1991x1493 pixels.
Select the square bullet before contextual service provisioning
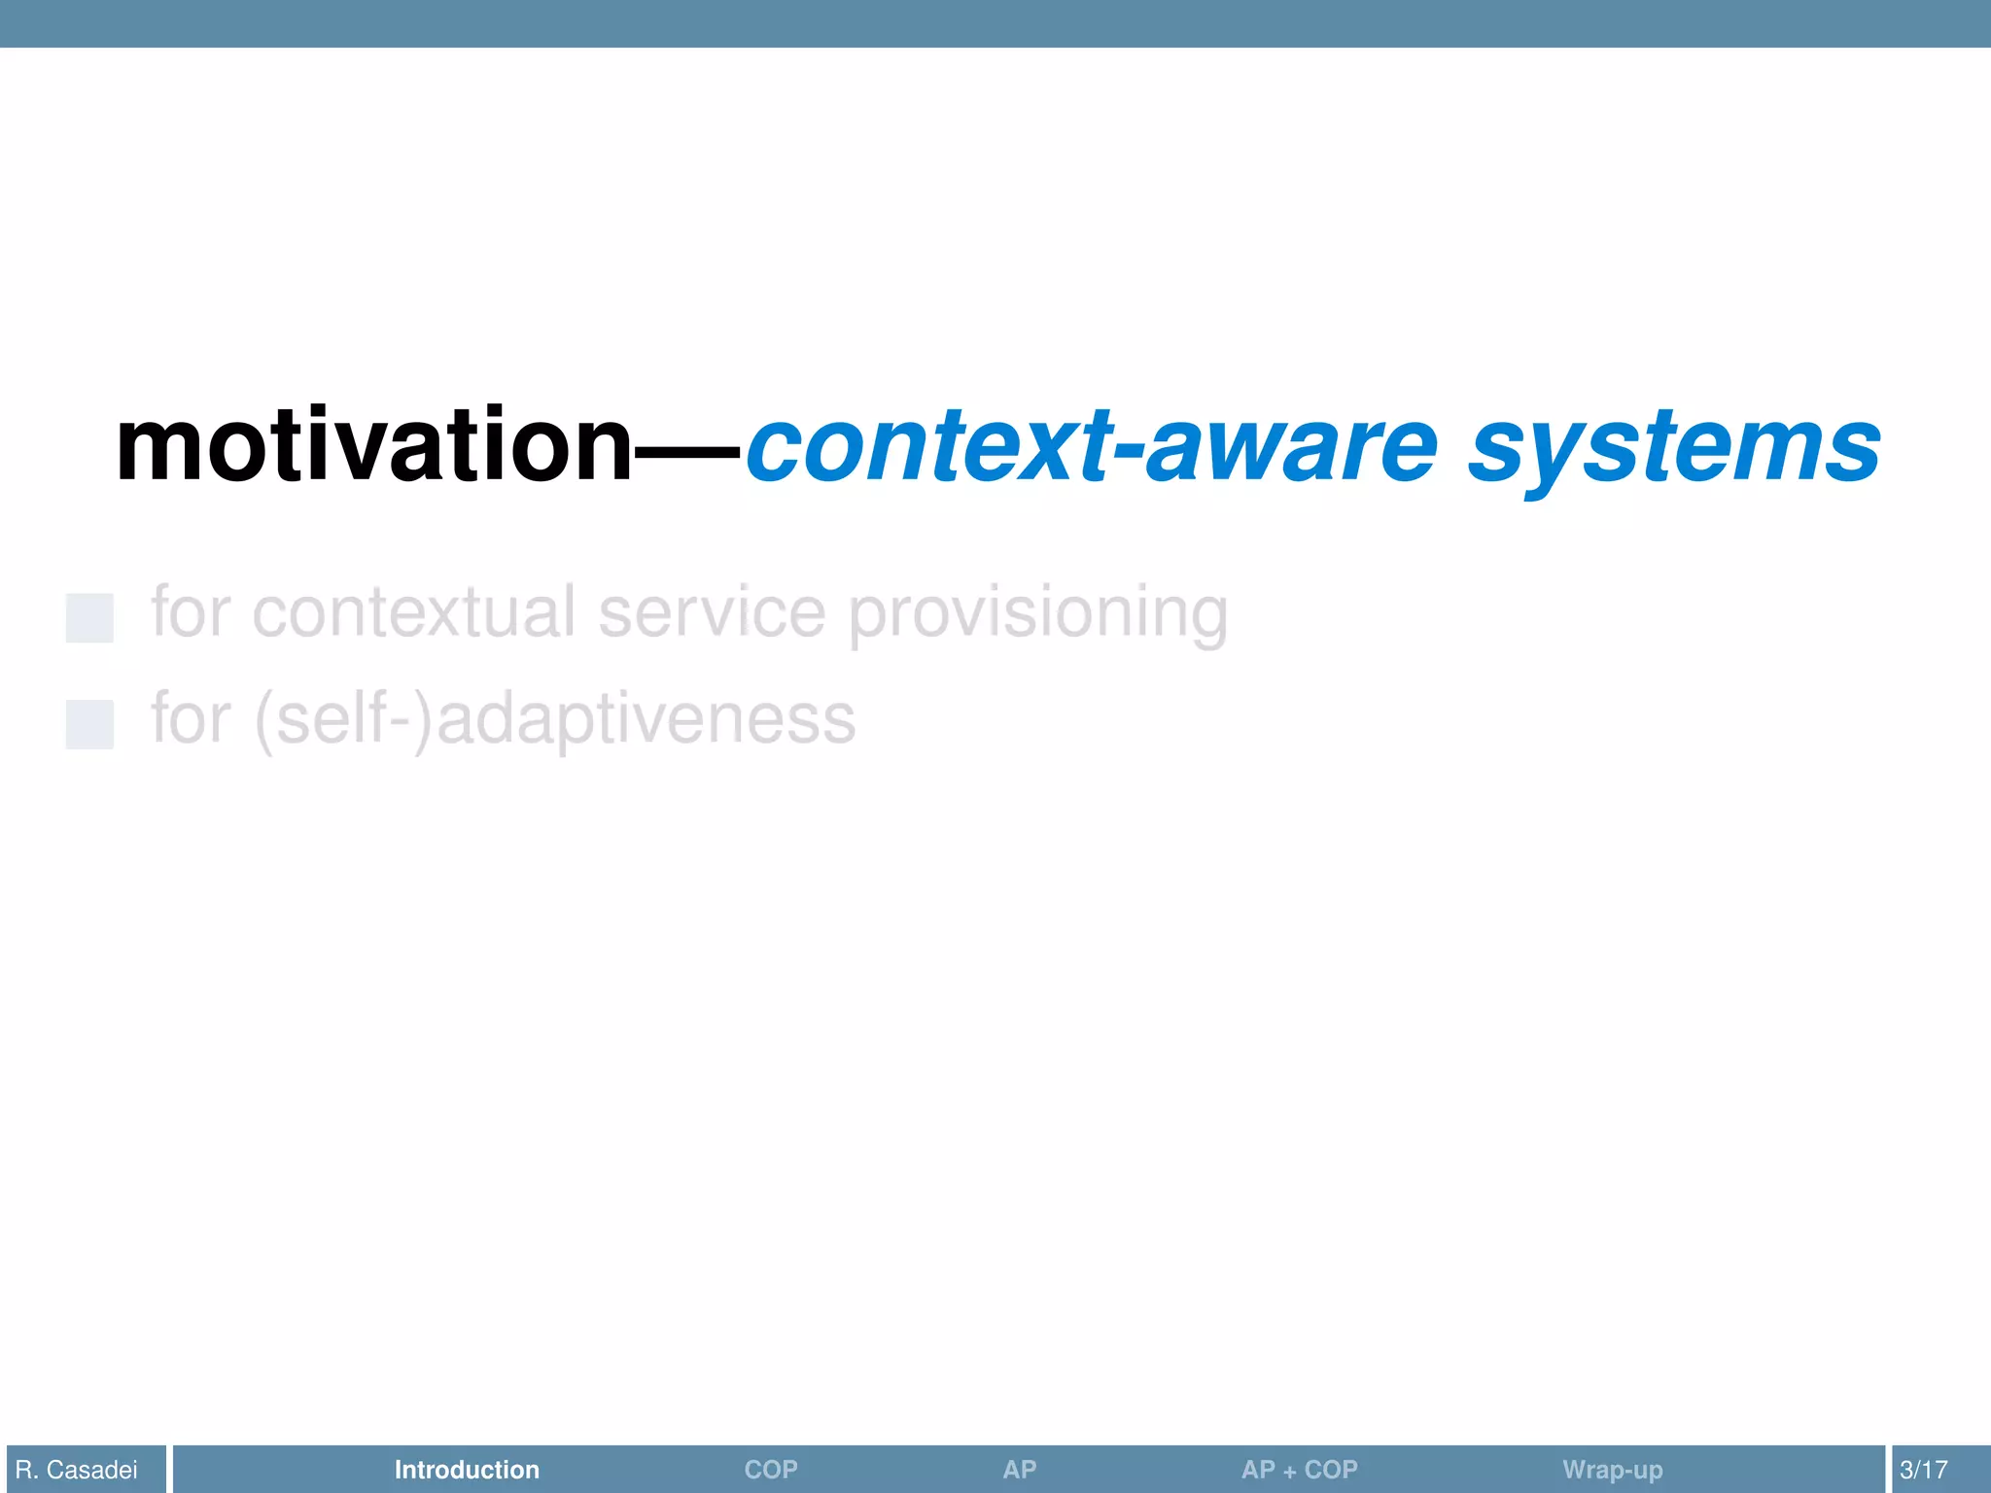point(89,618)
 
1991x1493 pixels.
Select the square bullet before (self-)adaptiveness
point(89,724)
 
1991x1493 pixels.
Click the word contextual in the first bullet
point(413,612)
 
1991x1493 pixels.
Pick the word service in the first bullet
point(711,612)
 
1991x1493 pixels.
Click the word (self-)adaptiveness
point(554,719)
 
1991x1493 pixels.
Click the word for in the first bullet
point(191,612)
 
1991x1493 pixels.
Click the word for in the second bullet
point(191,719)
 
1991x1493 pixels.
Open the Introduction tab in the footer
point(467,1470)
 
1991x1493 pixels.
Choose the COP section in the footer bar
point(771,1470)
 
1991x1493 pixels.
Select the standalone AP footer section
point(1019,1470)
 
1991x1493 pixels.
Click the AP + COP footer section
point(1299,1470)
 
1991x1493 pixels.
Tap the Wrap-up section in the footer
point(1612,1470)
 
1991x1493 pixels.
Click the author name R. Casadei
point(77,1470)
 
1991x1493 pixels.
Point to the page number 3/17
point(1923,1470)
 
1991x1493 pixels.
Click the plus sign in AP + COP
point(1289,1472)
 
